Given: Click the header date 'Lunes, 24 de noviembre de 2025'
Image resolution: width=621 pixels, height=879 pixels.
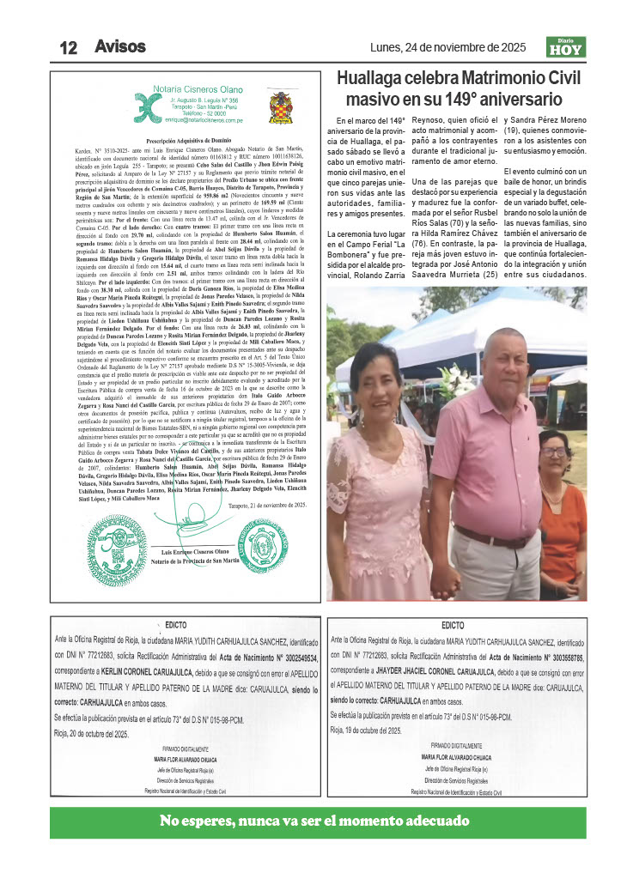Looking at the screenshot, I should (448, 47).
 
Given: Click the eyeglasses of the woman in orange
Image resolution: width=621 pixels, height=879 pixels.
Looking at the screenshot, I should (554, 452).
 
